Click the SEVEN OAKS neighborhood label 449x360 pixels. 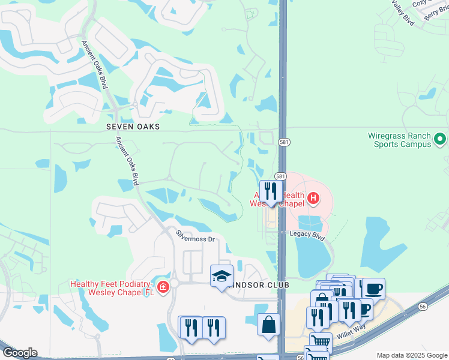tap(133, 127)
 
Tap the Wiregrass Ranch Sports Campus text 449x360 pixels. tap(400, 140)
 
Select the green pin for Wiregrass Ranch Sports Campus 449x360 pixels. tap(441, 140)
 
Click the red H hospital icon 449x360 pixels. tap(312, 197)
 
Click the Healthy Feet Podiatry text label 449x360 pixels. tap(112, 288)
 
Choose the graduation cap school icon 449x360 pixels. tap(221, 276)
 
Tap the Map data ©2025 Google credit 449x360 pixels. tap(411, 355)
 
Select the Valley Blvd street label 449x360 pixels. tap(403, 12)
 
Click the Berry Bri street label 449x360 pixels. tap(436, 14)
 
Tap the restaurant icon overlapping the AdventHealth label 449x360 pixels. tap(271, 191)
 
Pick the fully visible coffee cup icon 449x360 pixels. tap(373, 289)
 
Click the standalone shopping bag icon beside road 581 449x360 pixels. tap(268, 324)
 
